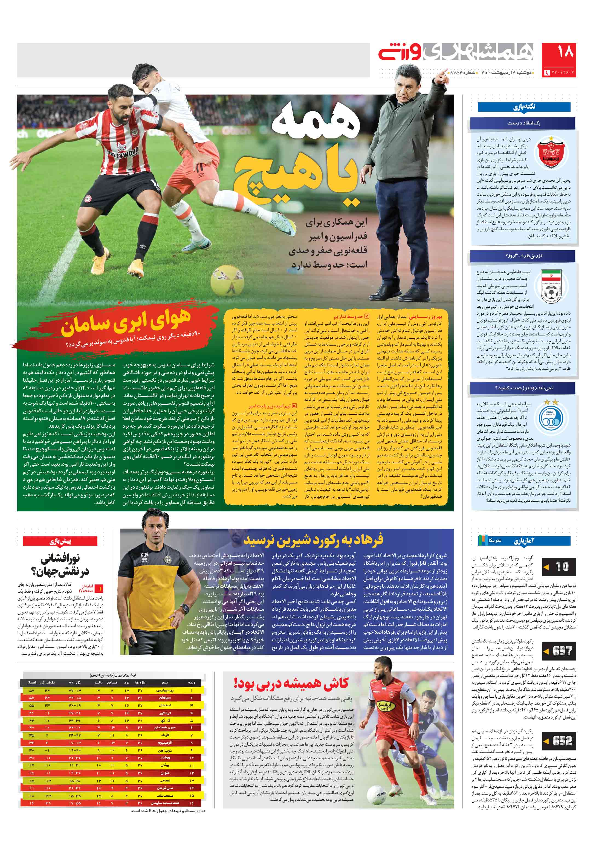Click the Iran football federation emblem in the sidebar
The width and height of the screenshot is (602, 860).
[550, 286]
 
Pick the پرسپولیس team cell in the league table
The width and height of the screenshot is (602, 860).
[165, 690]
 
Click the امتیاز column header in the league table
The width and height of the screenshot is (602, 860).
[31, 682]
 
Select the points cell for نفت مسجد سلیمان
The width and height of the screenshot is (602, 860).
[31, 803]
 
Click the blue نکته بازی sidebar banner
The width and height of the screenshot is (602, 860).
[524, 107]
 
